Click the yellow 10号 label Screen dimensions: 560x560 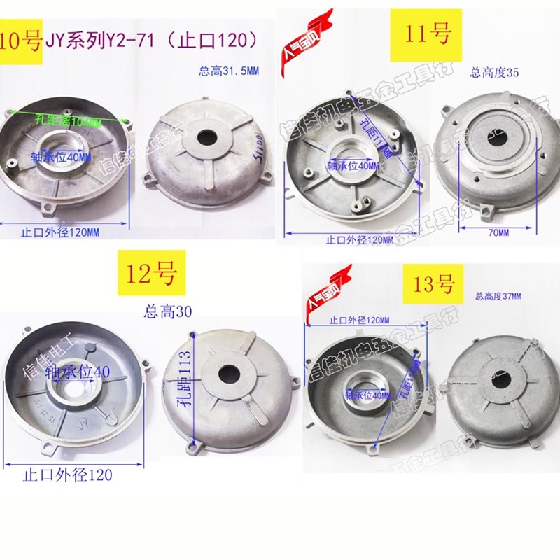(x=22, y=41)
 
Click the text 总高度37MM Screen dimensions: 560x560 (x=498, y=297)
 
